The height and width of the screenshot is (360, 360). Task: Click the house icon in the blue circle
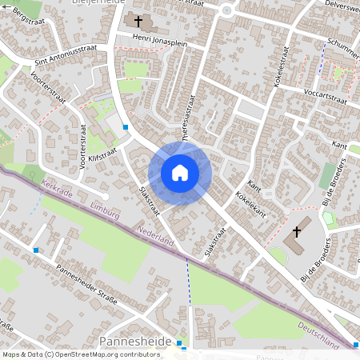(x=180, y=172)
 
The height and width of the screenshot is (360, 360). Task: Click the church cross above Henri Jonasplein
(x=138, y=22)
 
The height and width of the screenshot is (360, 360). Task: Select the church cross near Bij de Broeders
(x=297, y=232)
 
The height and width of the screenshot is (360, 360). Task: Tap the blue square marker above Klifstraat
(x=126, y=126)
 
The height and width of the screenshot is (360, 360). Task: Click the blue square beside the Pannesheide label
(x=180, y=342)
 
